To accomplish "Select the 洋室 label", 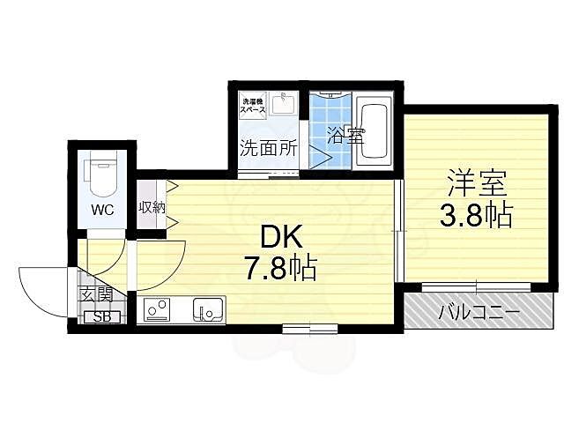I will click(x=476, y=187).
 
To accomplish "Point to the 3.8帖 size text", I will click(x=476, y=215).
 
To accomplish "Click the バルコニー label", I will click(x=479, y=313).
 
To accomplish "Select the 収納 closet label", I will click(x=151, y=207).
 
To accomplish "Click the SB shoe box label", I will click(x=100, y=316).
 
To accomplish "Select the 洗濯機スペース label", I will click(x=255, y=105).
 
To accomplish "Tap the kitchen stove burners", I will click(x=157, y=310).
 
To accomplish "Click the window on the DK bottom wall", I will click(x=299, y=330).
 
